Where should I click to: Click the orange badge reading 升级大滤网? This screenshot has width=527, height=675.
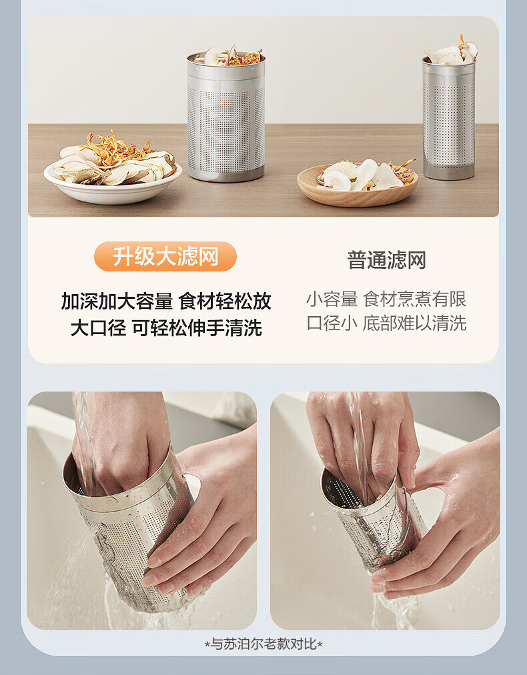click(x=165, y=257)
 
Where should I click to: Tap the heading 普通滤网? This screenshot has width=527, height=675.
click(x=386, y=260)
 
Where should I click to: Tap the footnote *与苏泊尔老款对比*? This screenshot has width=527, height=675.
click(x=263, y=644)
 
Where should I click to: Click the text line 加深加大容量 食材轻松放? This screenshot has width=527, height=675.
click(x=165, y=301)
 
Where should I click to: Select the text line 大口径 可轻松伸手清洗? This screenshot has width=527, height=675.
click(x=166, y=327)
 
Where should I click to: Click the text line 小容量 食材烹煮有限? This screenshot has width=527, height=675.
click(x=386, y=299)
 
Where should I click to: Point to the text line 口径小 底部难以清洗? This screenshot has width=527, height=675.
click(x=386, y=323)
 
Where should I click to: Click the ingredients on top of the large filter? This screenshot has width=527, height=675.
click(x=233, y=57)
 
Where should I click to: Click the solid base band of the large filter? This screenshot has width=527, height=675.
click(x=226, y=174)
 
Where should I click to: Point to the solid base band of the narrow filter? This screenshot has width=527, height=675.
click(x=449, y=173)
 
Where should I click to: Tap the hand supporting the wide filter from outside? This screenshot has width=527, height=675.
click(x=207, y=516)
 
